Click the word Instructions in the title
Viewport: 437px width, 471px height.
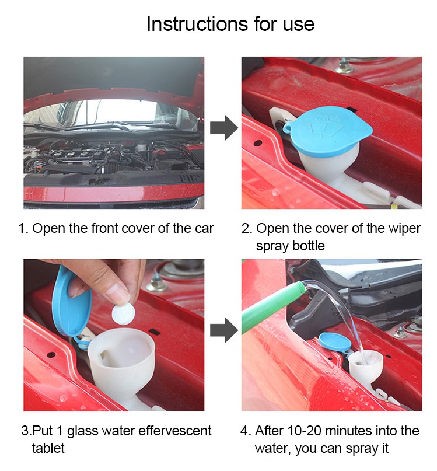coord(197,23)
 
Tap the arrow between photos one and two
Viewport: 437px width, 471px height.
coord(224,128)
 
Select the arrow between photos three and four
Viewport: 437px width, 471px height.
coord(224,330)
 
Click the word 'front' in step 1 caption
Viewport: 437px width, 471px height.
coord(105,228)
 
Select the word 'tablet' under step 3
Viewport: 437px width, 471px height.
coord(48,448)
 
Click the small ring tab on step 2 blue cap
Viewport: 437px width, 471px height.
coord(287,127)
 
